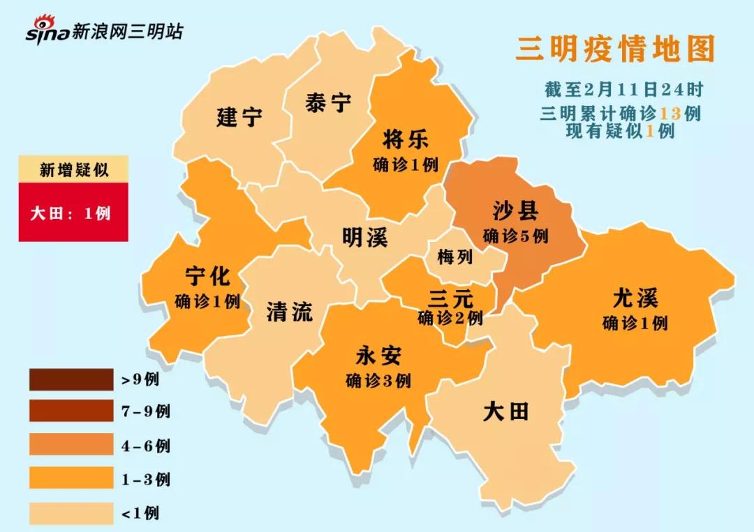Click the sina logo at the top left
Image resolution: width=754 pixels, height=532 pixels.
coord(47,31)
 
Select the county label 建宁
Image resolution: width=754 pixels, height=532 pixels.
coord(239,116)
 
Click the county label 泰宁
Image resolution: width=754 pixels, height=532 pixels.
coord(328,103)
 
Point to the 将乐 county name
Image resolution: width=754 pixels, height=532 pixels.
coord(406,139)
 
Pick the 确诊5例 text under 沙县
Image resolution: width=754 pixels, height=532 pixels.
coord(516,236)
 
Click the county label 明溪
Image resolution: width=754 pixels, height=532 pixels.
coord(364,238)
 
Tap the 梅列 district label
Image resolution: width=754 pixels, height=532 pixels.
coord(455,257)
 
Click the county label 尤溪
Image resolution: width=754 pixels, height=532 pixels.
coord(635,298)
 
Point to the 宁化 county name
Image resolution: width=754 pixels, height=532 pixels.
coord(207,276)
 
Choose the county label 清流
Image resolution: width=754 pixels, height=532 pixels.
coord(289,311)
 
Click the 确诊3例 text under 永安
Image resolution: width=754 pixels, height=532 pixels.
coord(378,381)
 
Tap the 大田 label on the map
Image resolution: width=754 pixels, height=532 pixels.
coord(505,411)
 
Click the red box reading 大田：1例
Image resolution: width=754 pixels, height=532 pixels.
coord(73,213)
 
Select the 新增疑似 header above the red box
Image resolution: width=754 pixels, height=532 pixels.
coord(73,169)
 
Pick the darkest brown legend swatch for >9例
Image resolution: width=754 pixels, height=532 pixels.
coord(71,380)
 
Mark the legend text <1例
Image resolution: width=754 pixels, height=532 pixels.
coord(140,514)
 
